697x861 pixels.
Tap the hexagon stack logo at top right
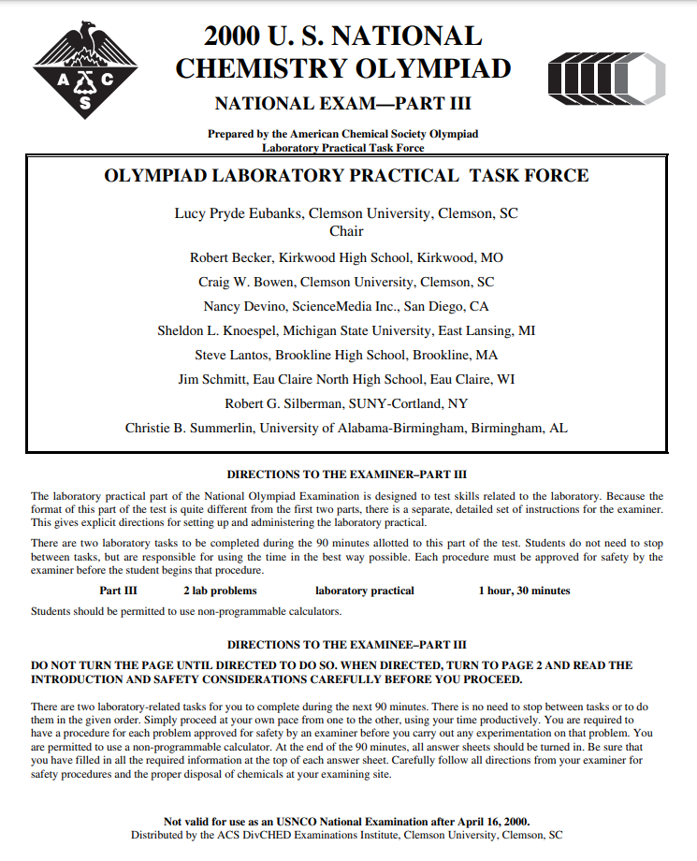coord(606,76)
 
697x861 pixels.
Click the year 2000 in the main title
coord(234,36)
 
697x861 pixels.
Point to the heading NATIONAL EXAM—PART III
coord(342,103)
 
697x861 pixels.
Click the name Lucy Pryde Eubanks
coord(238,213)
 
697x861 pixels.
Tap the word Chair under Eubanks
coord(346,230)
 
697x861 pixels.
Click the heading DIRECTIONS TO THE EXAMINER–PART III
coord(346,474)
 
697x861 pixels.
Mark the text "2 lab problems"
coord(220,591)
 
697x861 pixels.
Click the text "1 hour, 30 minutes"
coord(524,591)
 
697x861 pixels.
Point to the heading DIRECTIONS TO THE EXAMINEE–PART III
coord(346,645)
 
